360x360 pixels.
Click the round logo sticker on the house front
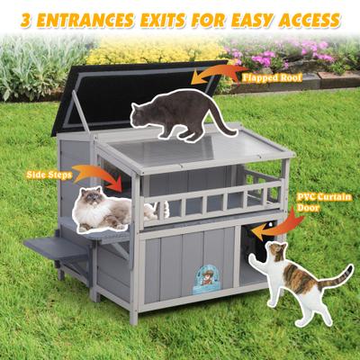tap(206, 277)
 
